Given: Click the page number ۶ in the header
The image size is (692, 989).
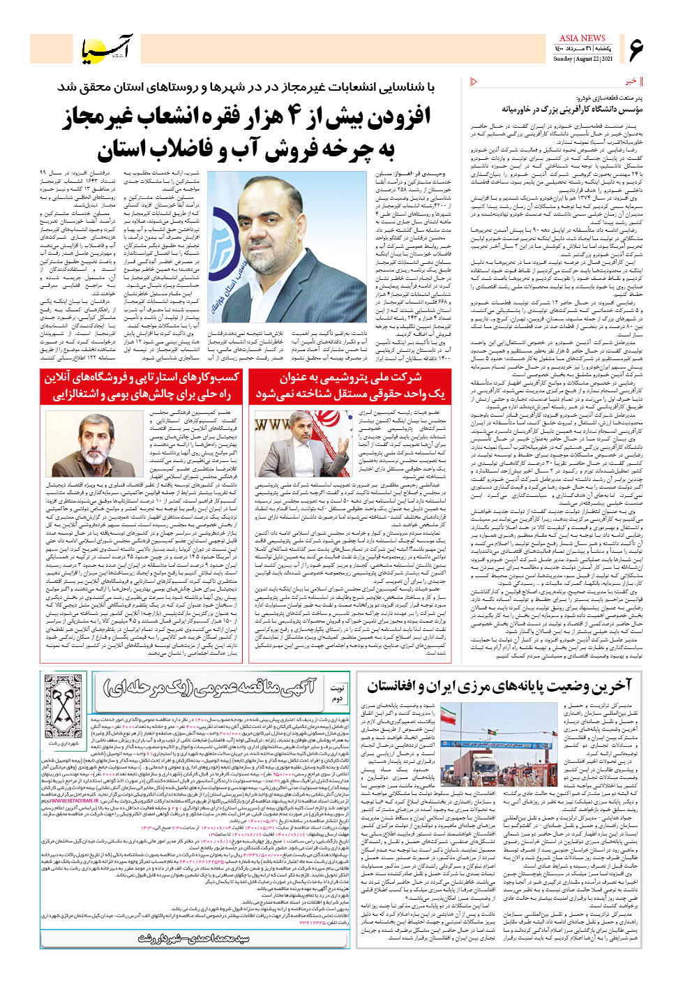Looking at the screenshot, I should [637, 50].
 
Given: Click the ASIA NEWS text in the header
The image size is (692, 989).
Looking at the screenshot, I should [582, 38].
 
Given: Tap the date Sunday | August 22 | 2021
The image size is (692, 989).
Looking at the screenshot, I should [582, 59].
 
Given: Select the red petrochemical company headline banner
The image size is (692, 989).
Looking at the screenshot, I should [347, 386].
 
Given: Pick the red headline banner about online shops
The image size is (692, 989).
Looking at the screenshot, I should [142, 386].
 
